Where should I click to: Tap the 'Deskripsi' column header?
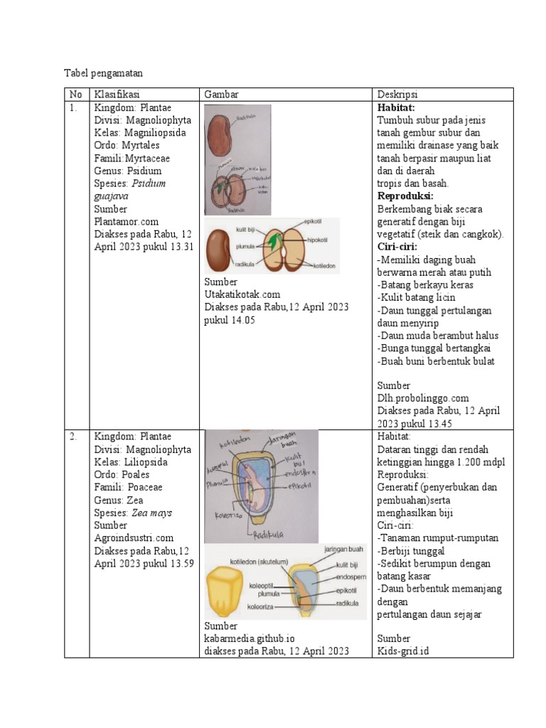397,95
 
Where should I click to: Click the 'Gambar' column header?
221,95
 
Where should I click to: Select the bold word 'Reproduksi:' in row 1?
405,196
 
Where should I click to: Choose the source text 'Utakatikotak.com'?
242,294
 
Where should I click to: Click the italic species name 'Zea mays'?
152,513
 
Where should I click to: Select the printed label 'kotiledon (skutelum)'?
259,562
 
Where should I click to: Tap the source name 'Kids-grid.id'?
403,651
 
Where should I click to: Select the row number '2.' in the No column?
73,436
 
